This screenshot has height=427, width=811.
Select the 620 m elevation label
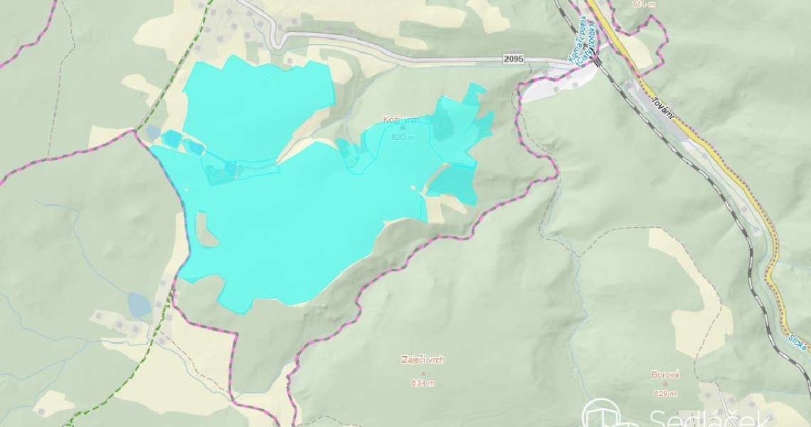pyautogui.click(x=402, y=137)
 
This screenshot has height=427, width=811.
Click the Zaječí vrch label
pyautogui.click(x=423, y=360)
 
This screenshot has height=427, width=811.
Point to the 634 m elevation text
pyautogui.click(x=423, y=383)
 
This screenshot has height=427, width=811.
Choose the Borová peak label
pyautogui.click(x=665, y=374)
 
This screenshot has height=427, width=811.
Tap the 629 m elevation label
pyautogui.click(x=665, y=394)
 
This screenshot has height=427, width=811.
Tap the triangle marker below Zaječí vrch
pyautogui.click(x=423, y=372)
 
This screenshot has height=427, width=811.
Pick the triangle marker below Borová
pyautogui.click(x=665, y=384)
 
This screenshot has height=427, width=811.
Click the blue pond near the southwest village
pyautogui.click(x=139, y=305)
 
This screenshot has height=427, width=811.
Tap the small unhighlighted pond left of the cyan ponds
pyautogui.click(x=153, y=133)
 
